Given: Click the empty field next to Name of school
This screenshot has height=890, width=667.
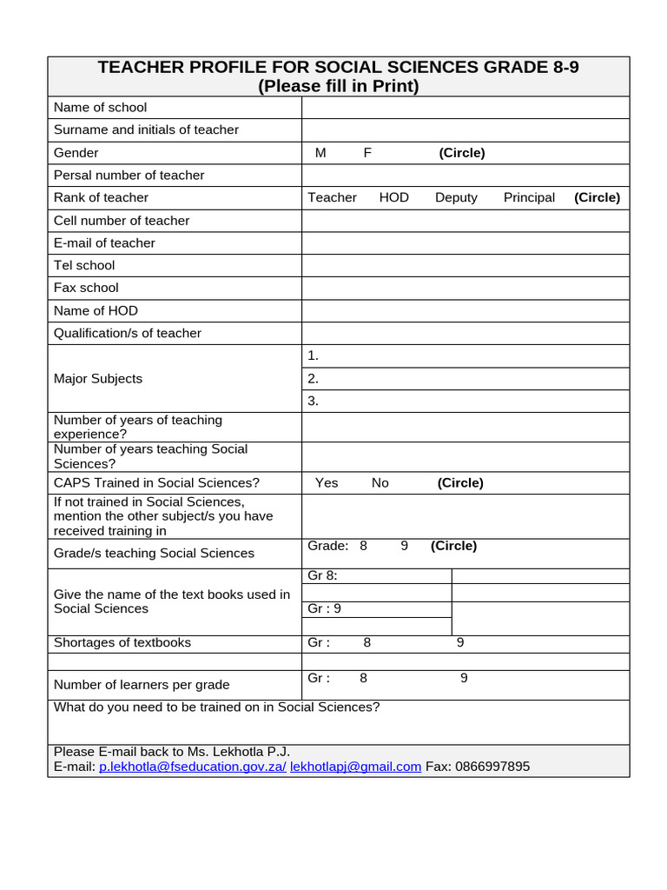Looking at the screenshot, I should (465, 108).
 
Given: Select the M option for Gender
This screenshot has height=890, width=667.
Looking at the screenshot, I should (320, 153).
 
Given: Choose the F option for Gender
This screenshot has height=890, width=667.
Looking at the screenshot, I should (367, 153).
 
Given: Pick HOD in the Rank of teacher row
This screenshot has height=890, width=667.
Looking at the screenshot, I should (394, 198).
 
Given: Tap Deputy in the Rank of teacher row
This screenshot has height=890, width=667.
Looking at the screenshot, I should (456, 198).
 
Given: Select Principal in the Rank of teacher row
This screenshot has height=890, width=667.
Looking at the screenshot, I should (529, 198).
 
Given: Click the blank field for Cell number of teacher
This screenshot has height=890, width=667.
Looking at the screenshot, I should (465, 221).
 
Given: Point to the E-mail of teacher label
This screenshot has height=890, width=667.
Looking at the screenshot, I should (104, 243).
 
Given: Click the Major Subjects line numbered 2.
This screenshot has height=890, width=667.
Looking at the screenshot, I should (465, 379).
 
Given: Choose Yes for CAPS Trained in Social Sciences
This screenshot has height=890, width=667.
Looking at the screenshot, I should (327, 483).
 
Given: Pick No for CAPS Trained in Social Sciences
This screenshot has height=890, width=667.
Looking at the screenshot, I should (380, 483).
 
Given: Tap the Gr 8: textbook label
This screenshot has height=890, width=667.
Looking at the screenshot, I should (322, 576).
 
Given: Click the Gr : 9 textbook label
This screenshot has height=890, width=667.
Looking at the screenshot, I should (325, 608).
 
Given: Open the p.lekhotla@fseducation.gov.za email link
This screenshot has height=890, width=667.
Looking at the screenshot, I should (192, 767).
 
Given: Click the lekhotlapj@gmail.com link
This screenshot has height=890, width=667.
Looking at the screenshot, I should (355, 767).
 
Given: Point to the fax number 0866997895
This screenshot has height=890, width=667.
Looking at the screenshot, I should (493, 767).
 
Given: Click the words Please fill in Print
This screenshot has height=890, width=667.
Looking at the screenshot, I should (339, 86).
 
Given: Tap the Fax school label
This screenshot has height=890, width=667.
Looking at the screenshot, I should (86, 288).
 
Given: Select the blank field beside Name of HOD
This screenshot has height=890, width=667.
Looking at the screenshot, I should (465, 311).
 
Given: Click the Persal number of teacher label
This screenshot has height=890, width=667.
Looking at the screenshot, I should (129, 176).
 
